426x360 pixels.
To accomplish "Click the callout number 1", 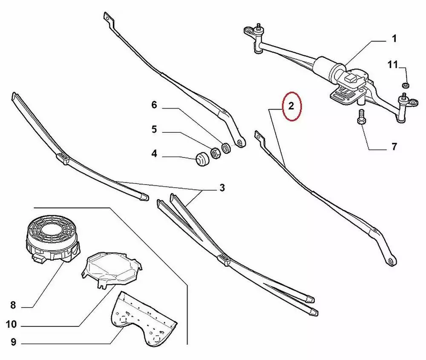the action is tap(394, 39).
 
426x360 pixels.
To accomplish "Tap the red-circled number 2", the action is tap(291, 106).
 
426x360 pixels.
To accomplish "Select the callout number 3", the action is tap(222, 188).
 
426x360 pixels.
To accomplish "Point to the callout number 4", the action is tap(154, 154).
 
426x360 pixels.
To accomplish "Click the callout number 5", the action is tap(154, 129).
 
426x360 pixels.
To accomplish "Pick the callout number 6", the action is tap(154, 105).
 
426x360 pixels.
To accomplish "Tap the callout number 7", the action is tap(394, 147).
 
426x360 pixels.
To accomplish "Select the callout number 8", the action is tap(13, 305).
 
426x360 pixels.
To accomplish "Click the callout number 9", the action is tap(13, 342).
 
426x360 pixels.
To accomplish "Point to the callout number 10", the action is tap(11, 324).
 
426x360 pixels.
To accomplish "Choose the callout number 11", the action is tap(393, 65).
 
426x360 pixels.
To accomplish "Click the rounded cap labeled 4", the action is tap(202, 159).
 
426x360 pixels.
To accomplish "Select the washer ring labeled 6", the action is tap(226, 148).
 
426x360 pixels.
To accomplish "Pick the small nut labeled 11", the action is tap(406, 85).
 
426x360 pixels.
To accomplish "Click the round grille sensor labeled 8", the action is tap(53, 239).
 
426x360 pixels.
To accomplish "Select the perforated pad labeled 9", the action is tap(144, 319).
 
